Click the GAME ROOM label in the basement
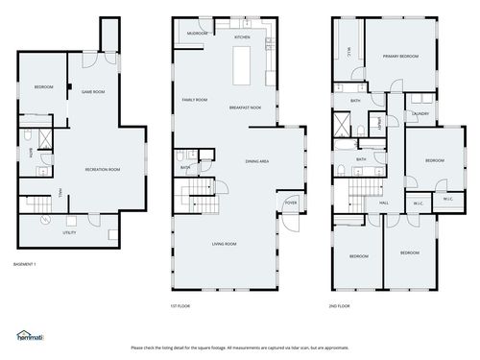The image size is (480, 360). tap(93, 92)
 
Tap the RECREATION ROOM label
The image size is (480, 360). tap(102, 170)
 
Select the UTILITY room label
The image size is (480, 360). tap(69, 232)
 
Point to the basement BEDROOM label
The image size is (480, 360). tap(43, 87)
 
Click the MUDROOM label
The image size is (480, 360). tap(197, 34)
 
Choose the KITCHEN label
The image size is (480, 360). tap(242, 37)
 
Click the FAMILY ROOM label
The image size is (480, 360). tap(195, 99)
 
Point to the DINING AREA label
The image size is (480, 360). tap(256, 161)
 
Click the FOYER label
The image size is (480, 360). tap(291, 203)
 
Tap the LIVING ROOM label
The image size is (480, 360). tap(225, 244)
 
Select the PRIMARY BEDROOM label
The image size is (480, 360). tap(399, 58)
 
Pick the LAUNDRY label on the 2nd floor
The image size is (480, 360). tap(420, 114)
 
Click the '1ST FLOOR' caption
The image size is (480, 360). tap(180, 306)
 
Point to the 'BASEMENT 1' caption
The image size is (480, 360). tap(24, 263)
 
